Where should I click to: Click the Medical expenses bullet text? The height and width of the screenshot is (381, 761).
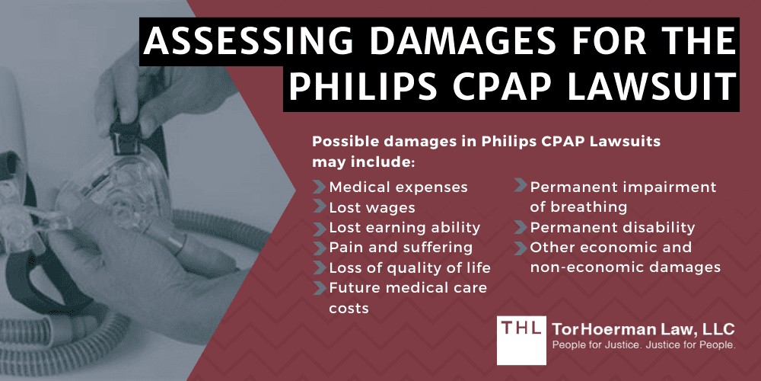coord(398,187)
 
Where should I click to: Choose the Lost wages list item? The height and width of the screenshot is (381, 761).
coord(371,207)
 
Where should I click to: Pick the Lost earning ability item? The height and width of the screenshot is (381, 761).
coord(404,227)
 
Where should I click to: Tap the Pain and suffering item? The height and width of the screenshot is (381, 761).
coord(400,248)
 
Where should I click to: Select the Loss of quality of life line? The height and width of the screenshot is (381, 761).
coord(409,267)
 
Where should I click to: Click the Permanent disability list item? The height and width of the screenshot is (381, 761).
coord(612,227)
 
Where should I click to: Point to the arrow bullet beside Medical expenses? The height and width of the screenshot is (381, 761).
coord(319,187)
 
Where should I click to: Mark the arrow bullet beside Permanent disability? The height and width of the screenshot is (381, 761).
coord(520,227)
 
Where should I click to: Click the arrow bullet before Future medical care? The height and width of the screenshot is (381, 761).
coord(319,287)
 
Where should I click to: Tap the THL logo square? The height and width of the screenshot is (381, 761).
coord(522,338)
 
